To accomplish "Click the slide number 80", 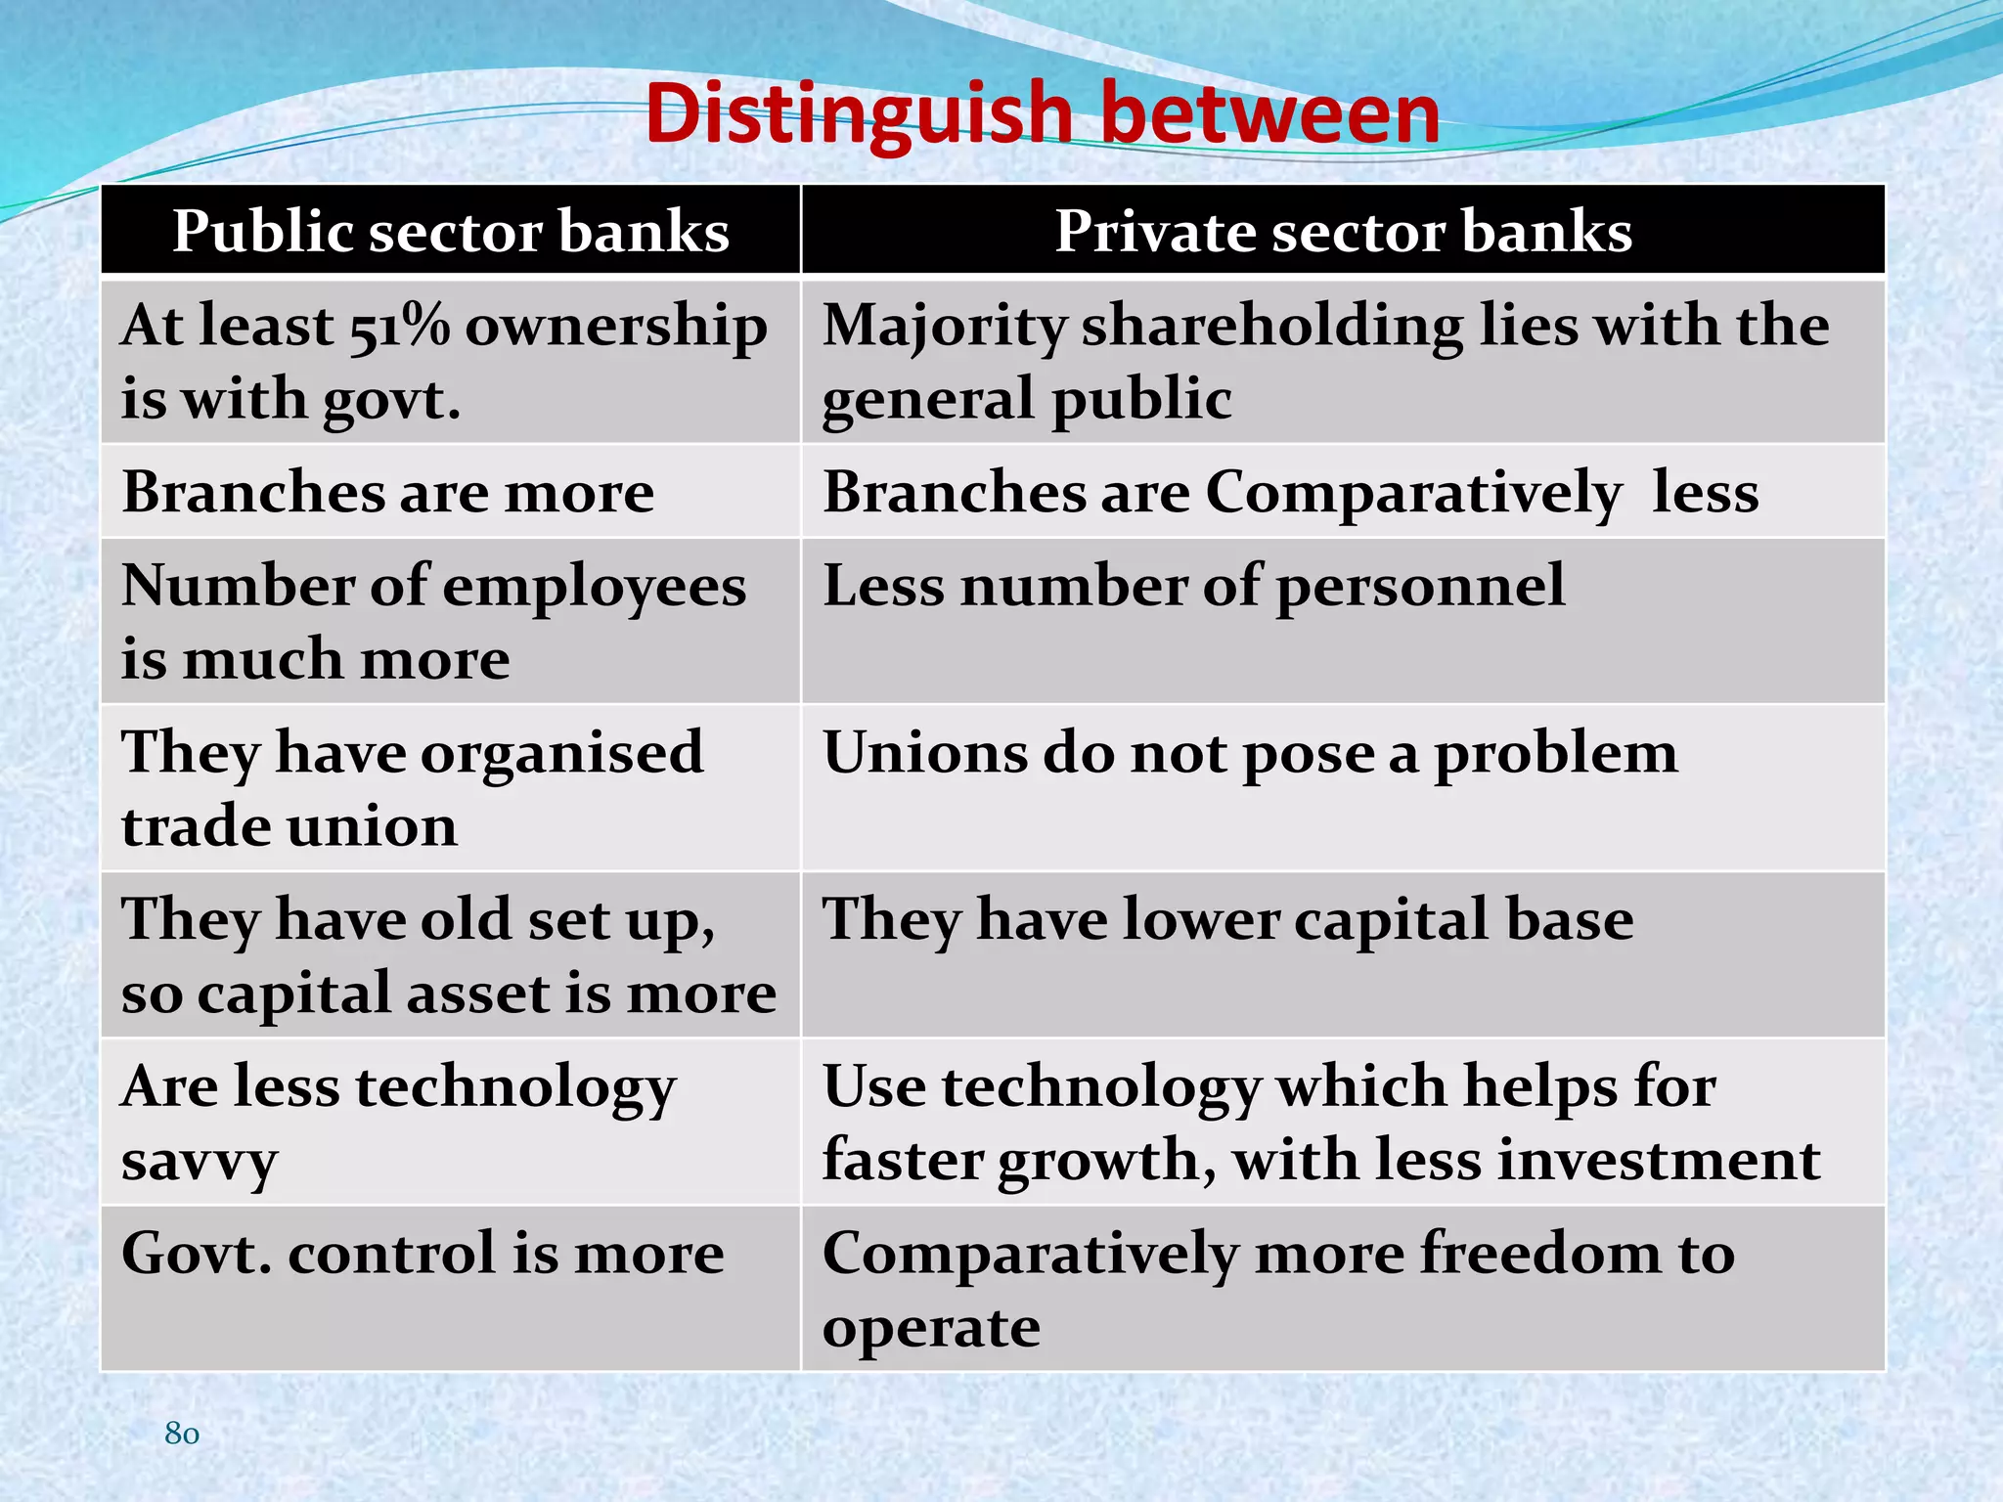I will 182,1433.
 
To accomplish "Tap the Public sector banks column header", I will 451,232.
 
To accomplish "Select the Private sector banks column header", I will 1343,232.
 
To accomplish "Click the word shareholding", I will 1271,326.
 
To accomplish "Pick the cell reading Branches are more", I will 388,491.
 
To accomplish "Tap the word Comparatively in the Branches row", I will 1413,493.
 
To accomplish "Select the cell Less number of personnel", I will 1193,587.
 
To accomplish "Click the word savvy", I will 200,1163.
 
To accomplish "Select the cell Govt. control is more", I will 423,1254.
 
